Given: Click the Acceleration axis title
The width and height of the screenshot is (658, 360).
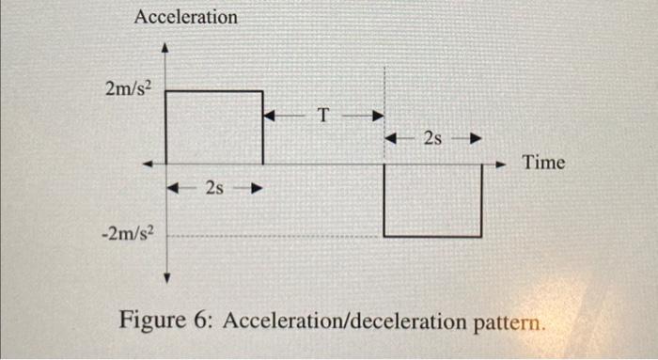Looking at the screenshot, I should click(186, 17).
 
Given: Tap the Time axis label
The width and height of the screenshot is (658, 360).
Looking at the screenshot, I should click(544, 163).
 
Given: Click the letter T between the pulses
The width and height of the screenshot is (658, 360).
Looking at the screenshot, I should click(324, 117).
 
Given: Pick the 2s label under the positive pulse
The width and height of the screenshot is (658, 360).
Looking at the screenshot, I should click(214, 188).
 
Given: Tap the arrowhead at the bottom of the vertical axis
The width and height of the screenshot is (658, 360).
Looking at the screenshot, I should click(165, 277).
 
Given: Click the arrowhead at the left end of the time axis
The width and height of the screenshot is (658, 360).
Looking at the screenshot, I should click(148, 164).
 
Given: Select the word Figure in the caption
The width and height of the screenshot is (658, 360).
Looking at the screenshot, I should click(150, 321).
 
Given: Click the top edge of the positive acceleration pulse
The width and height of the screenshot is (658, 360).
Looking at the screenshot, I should click(214, 91).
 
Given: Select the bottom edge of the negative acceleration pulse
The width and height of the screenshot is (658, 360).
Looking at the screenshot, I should click(432, 236).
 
